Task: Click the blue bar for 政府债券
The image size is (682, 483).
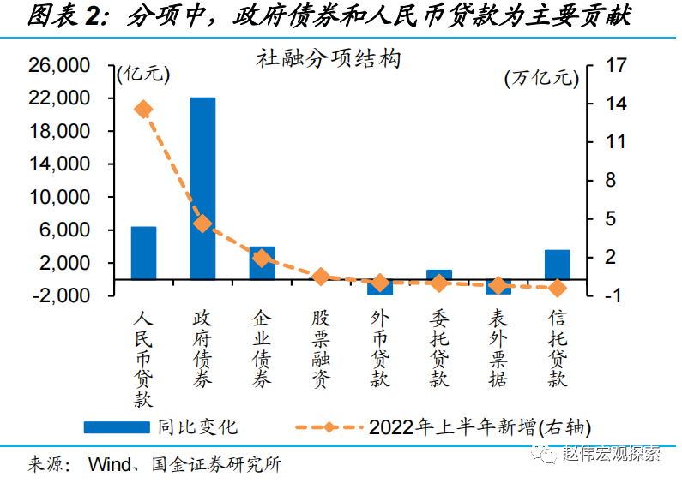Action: point(202,188)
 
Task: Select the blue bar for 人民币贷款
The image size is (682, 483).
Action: point(143,253)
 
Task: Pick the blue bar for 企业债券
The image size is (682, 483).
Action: point(262,263)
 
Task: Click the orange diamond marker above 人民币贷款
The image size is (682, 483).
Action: point(143,109)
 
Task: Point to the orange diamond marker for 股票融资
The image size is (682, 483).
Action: point(321,277)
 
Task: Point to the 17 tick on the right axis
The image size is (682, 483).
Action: point(617,66)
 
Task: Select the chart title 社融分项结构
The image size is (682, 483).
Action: point(329,60)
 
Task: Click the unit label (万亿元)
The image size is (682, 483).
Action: point(541,79)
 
